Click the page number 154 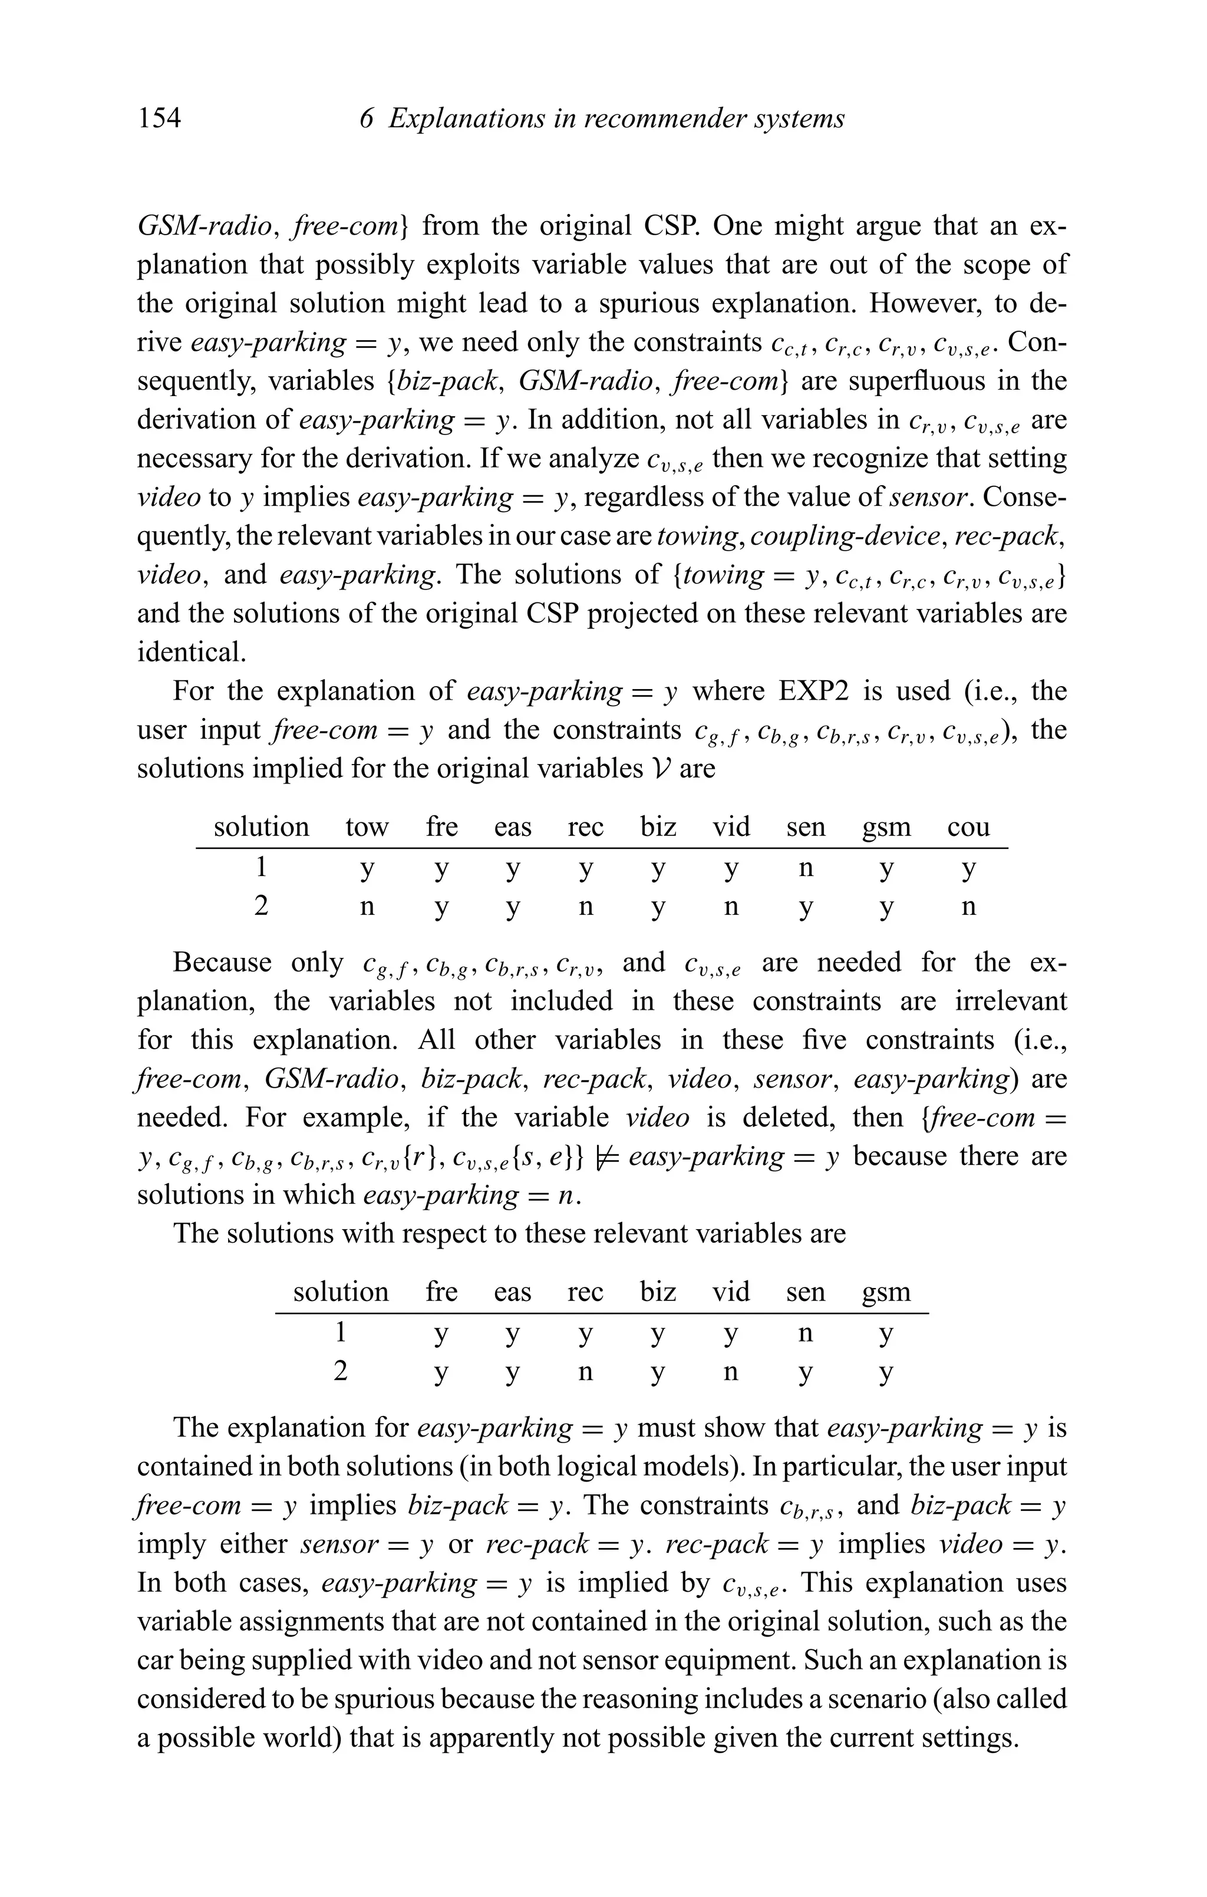tap(159, 119)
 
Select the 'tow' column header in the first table tap(367, 827)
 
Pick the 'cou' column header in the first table tap(968, 827)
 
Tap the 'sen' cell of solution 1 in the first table tap(805, 868)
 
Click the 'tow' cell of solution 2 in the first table tap(367, 907)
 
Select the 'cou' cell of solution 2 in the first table tap(968, 907)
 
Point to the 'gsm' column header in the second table tap(886, 1292)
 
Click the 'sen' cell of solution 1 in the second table tap(805, 1333)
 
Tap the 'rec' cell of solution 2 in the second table tap(585, 1372)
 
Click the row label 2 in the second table tap(341, 1372)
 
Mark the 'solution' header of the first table tap(262, 827)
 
